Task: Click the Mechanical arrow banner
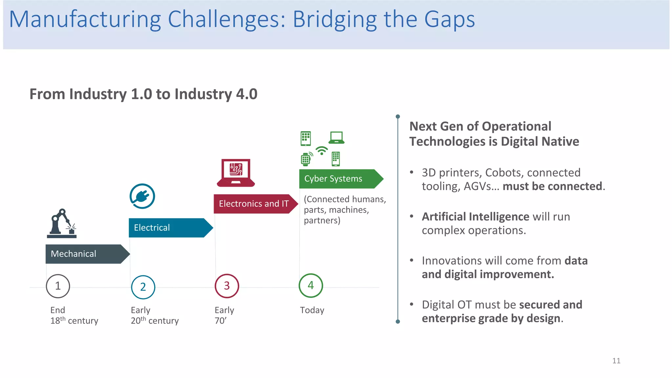point(85,254)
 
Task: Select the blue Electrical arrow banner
point(169,228)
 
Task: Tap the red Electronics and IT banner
point(254,204)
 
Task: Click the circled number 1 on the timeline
point(58,286)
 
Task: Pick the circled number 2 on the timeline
point(143,287)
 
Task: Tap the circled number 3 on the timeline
point(227,286)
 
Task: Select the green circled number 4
point(311,285)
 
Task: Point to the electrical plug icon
point(142,196)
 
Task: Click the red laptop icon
point(236,173)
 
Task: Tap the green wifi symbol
point(322,151)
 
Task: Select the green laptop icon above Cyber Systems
point(337,137)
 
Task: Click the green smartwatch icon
point(306,159)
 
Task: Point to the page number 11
point(616,361)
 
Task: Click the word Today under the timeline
point(312,310)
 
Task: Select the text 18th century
point(74,321)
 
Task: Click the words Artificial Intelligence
point(475,217)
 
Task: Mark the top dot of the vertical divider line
point(398,116)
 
